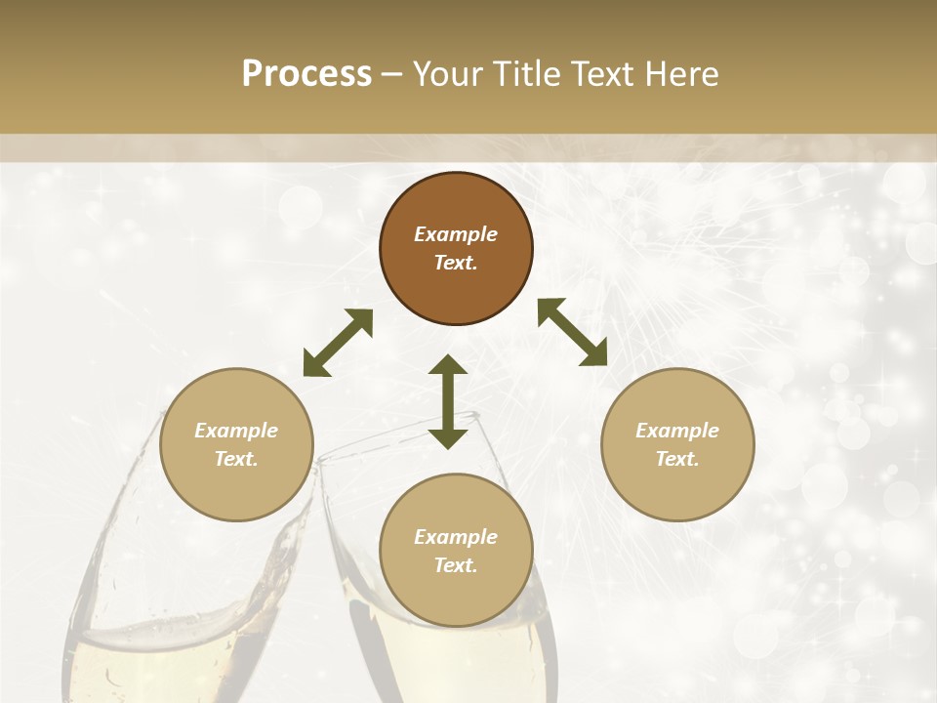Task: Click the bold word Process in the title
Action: click(306, 74)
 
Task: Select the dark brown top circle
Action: click(456, 249)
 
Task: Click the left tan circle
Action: click(236, 444)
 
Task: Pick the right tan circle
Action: click(677, 444)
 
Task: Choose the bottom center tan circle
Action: click(456, 550)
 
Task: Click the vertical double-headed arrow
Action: click(448, 401)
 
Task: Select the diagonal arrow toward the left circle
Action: click(338, 343)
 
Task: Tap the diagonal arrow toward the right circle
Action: click(572, 332)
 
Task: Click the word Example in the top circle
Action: click(456, 234)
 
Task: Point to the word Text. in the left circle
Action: click(236, 459)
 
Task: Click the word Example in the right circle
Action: click(677, 431)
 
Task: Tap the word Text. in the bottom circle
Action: click(456, 565)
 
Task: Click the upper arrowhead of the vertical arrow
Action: click(448, 365)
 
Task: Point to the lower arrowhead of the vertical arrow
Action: click(448, 437)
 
